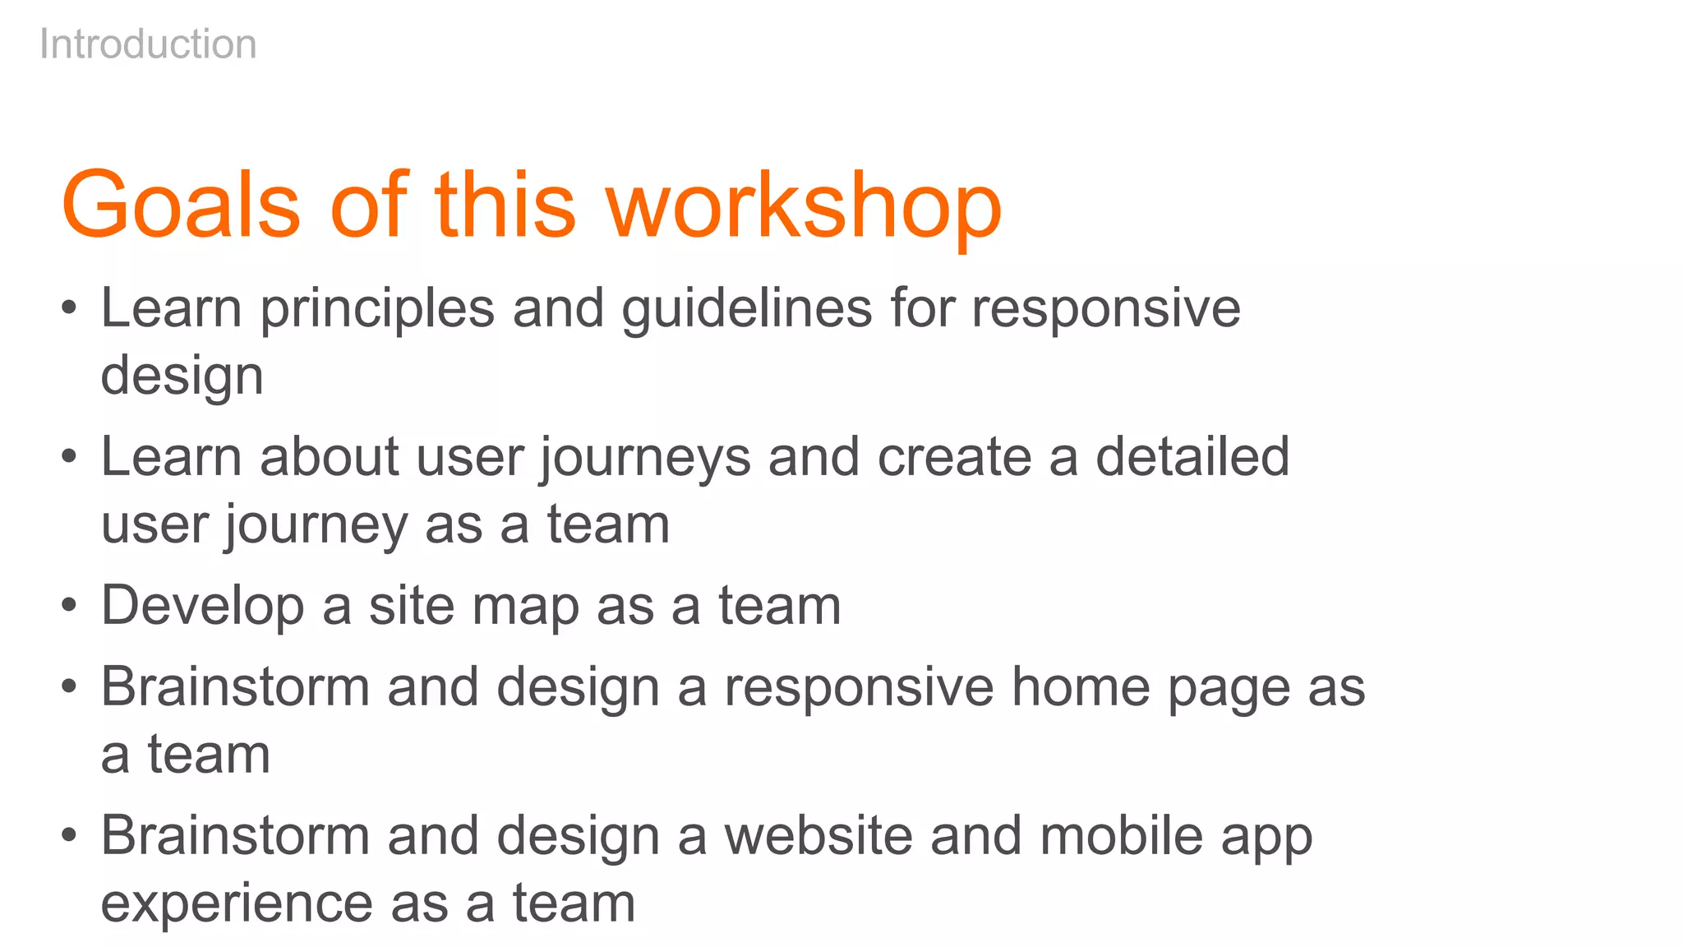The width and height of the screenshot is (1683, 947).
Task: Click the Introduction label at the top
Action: coord(148,44)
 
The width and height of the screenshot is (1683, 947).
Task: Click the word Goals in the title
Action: coord(181,206)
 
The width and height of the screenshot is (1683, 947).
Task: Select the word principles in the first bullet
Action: coord(377,310)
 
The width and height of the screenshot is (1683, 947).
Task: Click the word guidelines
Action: coord(746,310)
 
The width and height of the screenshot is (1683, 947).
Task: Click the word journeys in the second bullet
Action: coord(644,459)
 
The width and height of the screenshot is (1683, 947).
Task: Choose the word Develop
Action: coord(202,607)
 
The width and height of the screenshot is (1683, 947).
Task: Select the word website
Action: coord(818,836)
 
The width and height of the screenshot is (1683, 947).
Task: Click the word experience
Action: coord(237,904)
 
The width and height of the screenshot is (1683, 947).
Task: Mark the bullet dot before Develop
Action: coord(69,606)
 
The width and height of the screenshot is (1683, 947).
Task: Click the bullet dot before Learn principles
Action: coord(69,309)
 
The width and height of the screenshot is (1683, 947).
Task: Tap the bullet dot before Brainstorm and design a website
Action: coord(69,836)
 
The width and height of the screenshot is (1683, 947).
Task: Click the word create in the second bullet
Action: coord(954,457)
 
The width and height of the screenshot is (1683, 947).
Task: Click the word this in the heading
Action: coord(505,206)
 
